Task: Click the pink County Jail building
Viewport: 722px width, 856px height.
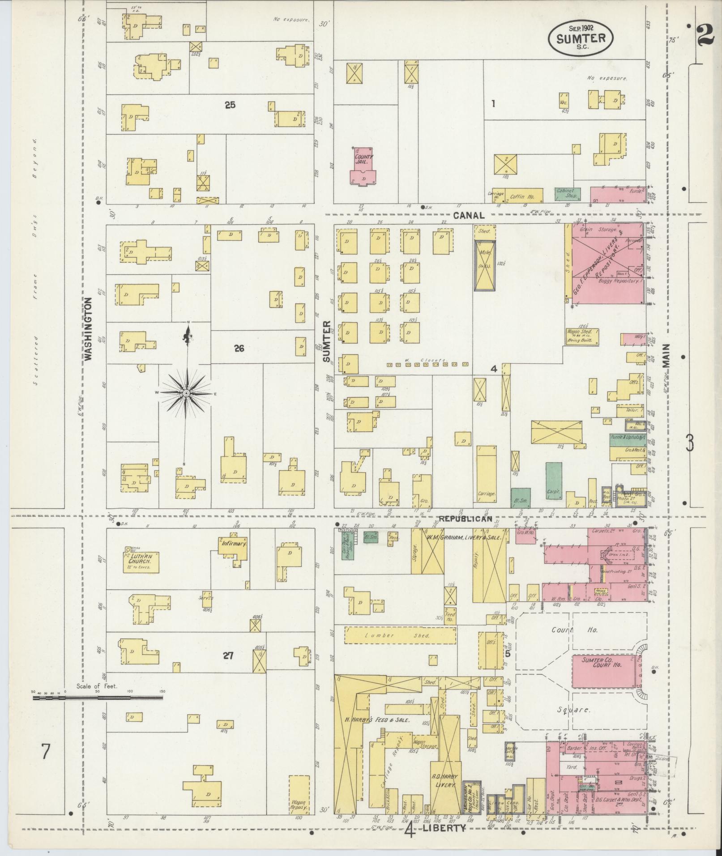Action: pos(363,166)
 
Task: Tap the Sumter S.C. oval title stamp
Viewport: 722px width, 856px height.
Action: pos(581,39)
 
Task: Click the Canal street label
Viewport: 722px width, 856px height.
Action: pos(468,215)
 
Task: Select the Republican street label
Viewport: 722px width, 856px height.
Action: pos(465,519)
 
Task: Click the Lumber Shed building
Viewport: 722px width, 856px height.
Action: pos(400,635)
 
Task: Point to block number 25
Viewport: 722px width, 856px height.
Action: pos(230,105)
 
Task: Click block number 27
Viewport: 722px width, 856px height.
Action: pos(228,656)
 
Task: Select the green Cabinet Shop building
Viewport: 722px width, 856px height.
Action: pos(567,194)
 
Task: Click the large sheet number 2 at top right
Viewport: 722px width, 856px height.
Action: pos(705,34)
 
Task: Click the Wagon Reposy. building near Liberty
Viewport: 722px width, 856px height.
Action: pos(299,796)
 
